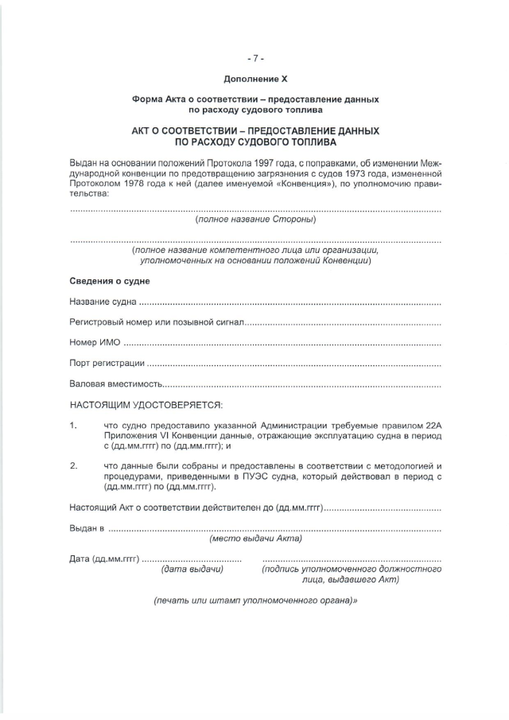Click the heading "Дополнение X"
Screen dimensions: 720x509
tap(254, 80)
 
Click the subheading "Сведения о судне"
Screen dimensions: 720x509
tap(110, 281)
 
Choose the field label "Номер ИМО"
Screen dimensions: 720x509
tap(95, 343)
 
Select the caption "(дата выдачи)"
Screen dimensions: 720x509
tap(192, 569)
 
